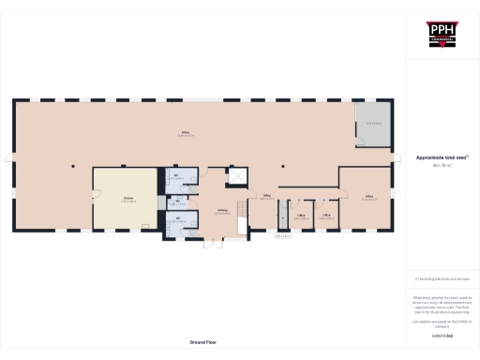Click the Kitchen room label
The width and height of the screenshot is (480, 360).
[126, 198]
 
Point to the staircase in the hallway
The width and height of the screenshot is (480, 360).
[241, 221]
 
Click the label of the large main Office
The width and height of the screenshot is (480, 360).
[186, 137]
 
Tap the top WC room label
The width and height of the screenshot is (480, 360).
[175, 177]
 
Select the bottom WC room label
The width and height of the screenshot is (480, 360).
[175, 220]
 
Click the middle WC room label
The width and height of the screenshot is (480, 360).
[175, 202]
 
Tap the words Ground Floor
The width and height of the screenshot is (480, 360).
[203, 344]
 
